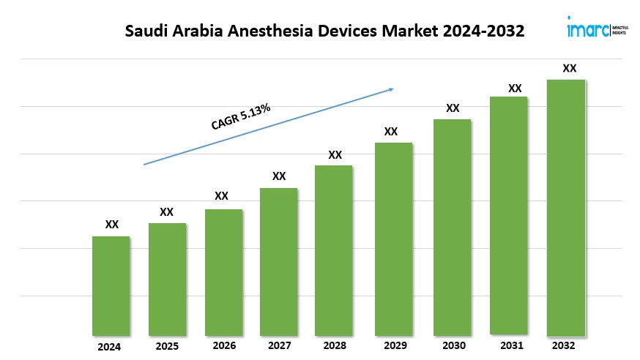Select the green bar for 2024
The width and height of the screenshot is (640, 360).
(111, 285)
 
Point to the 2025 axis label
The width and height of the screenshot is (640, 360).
(166, 346)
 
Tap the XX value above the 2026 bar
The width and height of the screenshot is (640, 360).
(222, 196)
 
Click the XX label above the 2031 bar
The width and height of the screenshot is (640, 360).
(515, 89)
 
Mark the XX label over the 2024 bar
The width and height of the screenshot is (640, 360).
(112, 225)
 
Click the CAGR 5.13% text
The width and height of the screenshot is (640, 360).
(241, 117)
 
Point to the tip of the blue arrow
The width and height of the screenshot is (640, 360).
(393, 89)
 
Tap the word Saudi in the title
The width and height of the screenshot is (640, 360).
(146, 32)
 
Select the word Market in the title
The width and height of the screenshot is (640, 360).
(400, 32)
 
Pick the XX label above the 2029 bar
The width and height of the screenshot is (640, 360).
(391, 132)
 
